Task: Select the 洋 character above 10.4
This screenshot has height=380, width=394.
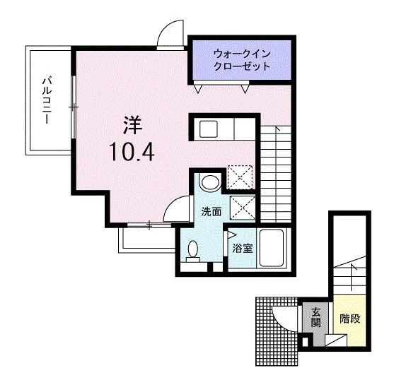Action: point(132,125)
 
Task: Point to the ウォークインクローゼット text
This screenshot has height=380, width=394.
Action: point(242,60)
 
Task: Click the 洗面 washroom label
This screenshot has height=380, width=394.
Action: point(211,211)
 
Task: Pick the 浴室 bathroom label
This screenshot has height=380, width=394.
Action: point(243,247)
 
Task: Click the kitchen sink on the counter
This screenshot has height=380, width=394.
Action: point(210,129)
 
